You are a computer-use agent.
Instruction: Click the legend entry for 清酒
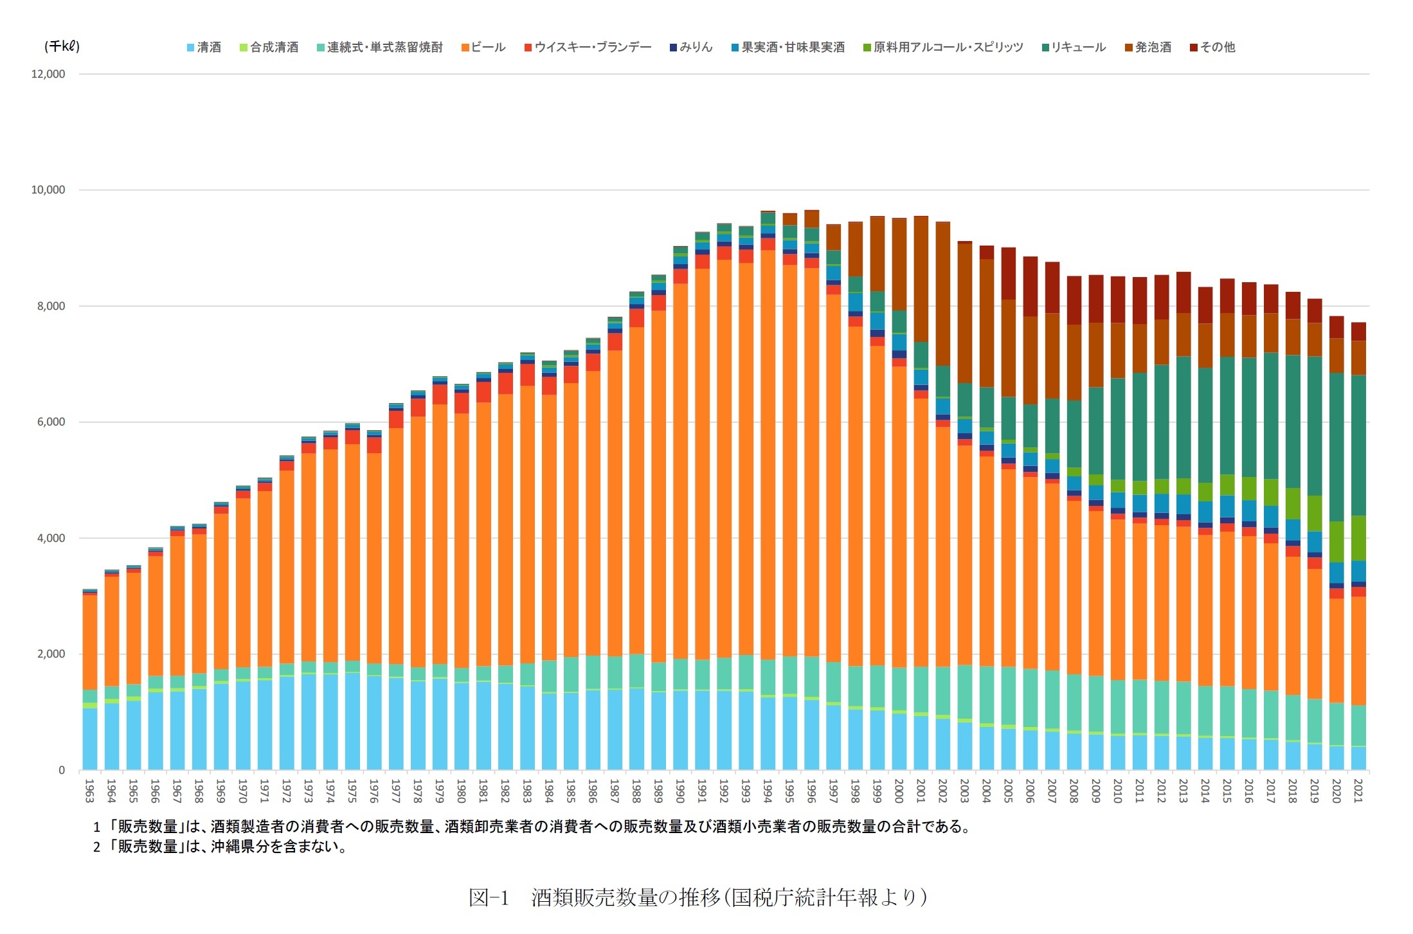point(204,48)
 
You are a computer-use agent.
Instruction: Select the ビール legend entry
point(483,48)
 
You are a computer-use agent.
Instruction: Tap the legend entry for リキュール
point(1074,48)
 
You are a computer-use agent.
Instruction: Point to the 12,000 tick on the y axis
point(48,74)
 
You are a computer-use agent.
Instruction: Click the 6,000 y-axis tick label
point(51,422)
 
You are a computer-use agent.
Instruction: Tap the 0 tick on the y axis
point(62,770)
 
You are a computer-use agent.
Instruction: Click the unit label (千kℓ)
point(62,46)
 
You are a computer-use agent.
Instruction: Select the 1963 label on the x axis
point(89,791)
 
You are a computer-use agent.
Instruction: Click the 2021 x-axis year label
point(1358,791)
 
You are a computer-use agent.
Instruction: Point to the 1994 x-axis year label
point(768,791)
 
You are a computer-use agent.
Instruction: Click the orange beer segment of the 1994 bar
point(768,450)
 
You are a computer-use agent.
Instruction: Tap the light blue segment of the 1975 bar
point(352,720)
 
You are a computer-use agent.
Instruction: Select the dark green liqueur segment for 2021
point(1358,444)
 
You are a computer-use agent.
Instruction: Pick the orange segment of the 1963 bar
point(89,643)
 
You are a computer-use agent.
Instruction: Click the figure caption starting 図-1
point(697,897)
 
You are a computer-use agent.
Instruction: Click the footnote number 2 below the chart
point(96,847)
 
